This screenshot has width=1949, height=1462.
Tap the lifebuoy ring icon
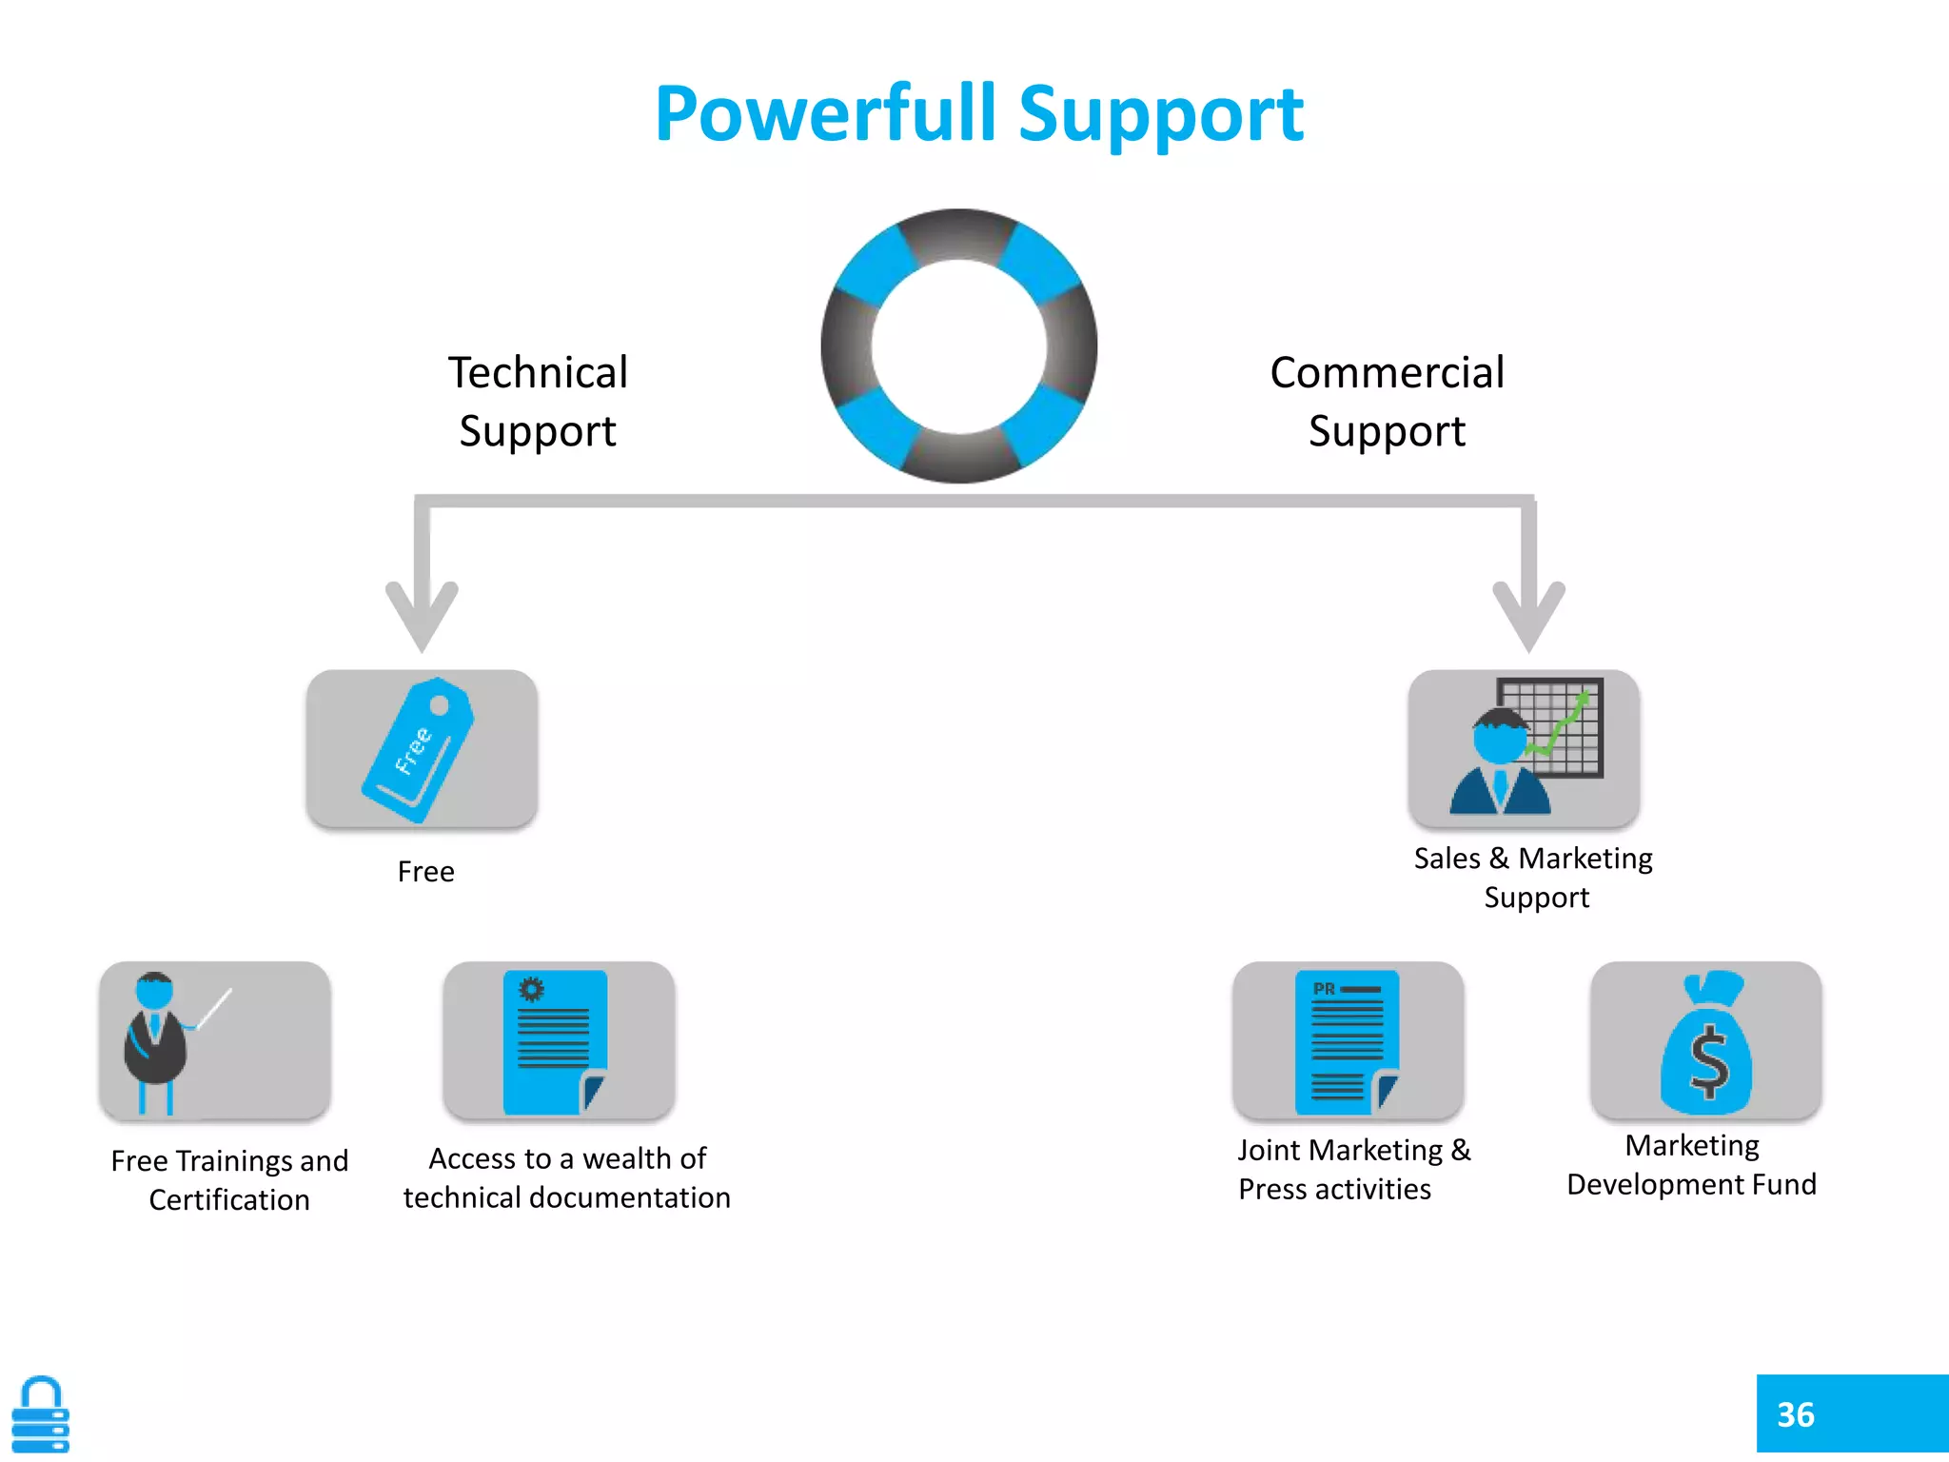tap(958, 346)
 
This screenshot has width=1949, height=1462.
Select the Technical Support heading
tap(538, 401)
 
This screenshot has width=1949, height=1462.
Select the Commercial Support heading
tap(1387, 401)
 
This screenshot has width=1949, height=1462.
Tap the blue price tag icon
tap(419, 749)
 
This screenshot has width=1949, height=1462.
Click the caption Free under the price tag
tap(425, 871)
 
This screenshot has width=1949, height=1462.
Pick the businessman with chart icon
tap(1523, 748)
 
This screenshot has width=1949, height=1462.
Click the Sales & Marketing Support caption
tap(1533, 877)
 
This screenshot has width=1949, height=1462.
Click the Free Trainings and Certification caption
tap(229, 1179)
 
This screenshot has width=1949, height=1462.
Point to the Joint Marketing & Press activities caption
tap(1352, 1169)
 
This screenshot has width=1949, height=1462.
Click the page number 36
tap(1795, 1414)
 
